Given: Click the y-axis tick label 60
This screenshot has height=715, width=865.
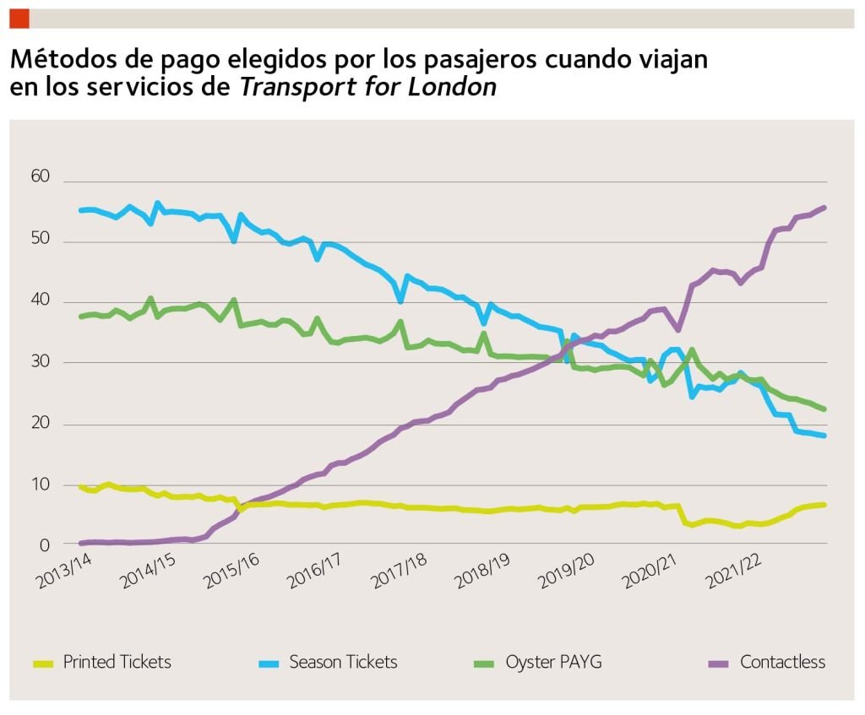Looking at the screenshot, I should coord(41,177).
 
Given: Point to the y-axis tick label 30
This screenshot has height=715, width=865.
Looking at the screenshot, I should coord(41,363).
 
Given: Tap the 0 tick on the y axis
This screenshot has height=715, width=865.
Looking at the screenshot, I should coord(46,545).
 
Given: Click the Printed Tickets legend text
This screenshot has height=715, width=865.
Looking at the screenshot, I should coord(117,662).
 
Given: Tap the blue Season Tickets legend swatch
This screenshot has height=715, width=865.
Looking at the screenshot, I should coord(268,663).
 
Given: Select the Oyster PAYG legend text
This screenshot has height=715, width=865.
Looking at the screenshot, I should coord(553,662).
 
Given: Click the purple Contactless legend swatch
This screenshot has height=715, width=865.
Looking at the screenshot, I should coord(718,663).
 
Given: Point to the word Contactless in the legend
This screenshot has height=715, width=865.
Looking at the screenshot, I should coord(782,662).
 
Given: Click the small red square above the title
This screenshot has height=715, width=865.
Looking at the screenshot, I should coord(19,18).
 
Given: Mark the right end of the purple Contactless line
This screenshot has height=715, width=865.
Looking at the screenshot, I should coord(824,207).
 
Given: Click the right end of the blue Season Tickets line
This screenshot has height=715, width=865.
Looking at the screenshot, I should coord(824,436).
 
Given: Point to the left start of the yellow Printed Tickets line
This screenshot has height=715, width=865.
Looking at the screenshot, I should coord(80,486).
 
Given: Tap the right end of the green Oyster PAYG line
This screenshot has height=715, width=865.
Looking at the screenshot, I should coord(824,409).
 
